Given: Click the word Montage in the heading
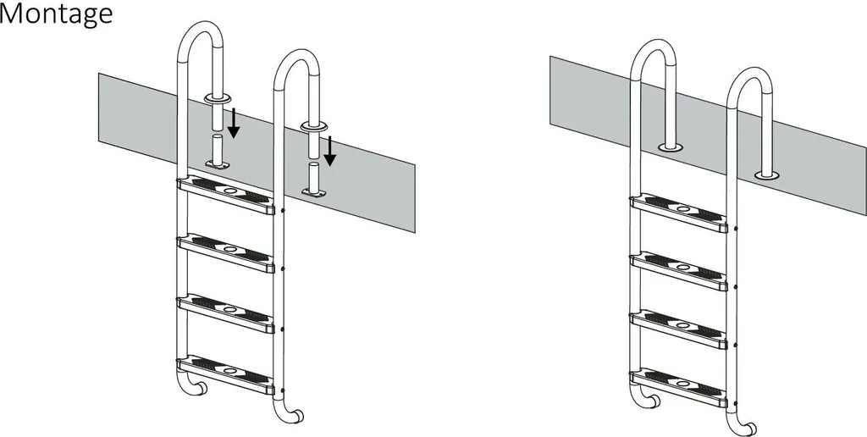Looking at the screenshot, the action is coord(56,14).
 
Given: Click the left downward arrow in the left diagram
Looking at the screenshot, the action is coord(234,123).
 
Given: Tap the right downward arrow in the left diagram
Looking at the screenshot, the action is coord(329,151).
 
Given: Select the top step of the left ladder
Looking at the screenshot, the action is coord(225,196).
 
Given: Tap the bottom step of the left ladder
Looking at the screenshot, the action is coord(225,375).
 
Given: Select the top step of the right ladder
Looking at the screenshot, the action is coord(679,213).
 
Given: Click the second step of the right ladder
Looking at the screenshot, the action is coord(679,272).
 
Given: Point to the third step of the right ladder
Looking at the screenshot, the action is coord(679,330).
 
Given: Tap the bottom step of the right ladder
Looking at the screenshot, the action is coord(679,389).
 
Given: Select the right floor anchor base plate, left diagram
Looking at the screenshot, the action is coord(313,192).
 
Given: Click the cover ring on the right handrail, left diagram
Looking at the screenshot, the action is coord(313,128).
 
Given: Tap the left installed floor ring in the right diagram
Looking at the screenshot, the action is coord(671,147).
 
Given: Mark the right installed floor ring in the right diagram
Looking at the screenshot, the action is coord(767,176).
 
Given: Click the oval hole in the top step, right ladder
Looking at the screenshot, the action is coord(683,209).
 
